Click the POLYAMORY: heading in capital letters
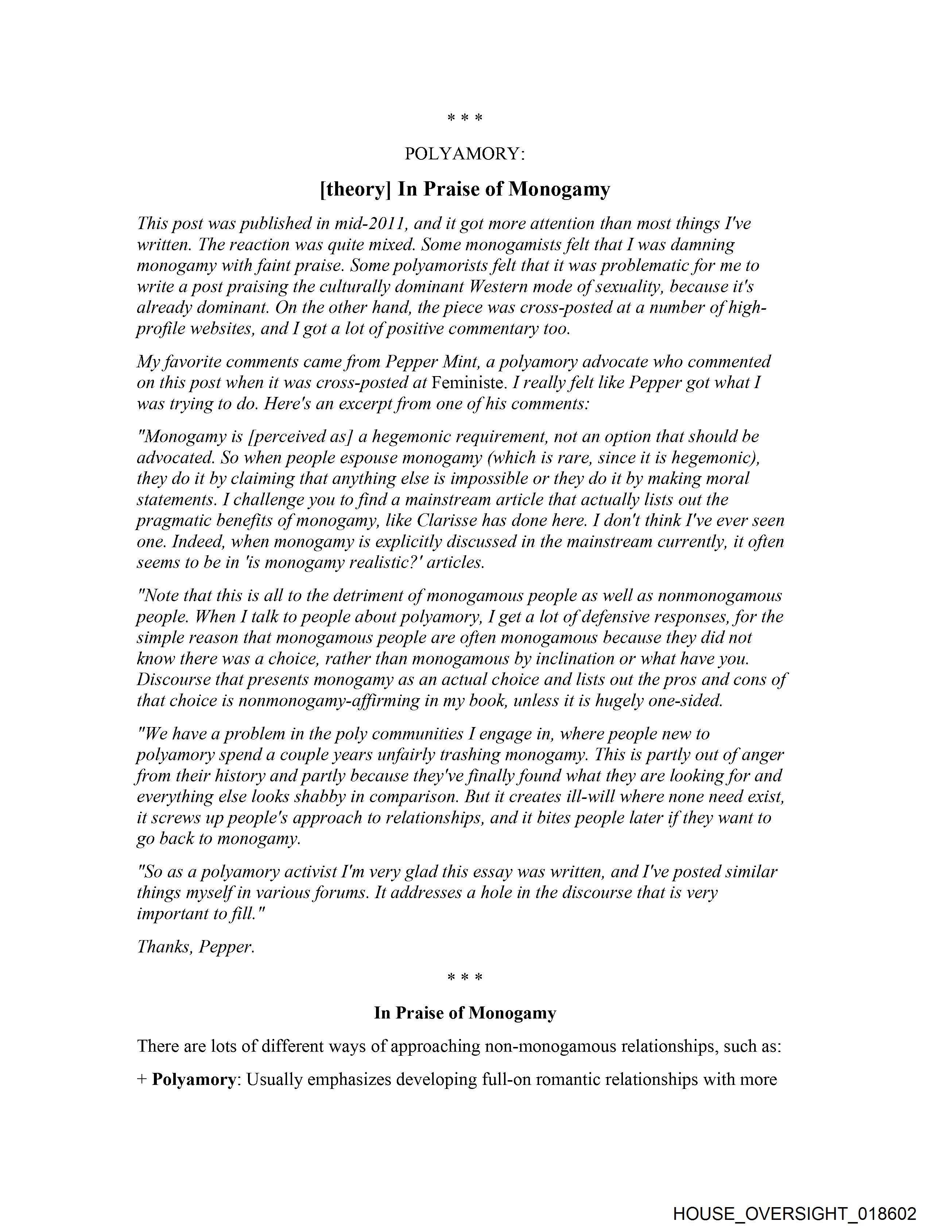click(x=464, y=154)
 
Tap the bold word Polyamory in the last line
click(x=194, y=1079)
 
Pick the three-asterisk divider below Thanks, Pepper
click(x=464, y=977)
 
